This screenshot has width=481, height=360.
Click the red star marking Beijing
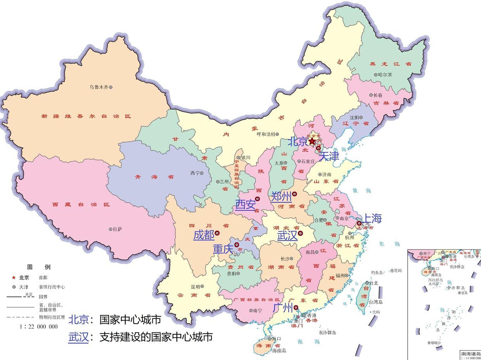(312, 141)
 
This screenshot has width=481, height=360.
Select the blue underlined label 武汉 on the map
(287, 235)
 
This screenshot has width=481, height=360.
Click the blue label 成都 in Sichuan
(204, 235)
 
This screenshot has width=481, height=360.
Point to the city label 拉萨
(117, 229)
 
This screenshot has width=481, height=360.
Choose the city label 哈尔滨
(385, 74)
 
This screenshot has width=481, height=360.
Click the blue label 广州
(283, 308)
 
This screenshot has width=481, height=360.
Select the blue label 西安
(245, 204)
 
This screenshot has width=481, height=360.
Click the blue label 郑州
(281, 196)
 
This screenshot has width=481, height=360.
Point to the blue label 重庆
(223, 249)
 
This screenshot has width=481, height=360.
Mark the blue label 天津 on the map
(329, 156)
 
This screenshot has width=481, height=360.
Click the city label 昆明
(195, 287)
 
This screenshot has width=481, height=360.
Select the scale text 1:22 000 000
(38, 327)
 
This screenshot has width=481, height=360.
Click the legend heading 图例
(38, 267)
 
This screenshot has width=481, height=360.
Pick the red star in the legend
(14, 277)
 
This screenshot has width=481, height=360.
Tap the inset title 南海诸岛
(471, 353)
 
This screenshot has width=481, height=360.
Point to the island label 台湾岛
(375, 302)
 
